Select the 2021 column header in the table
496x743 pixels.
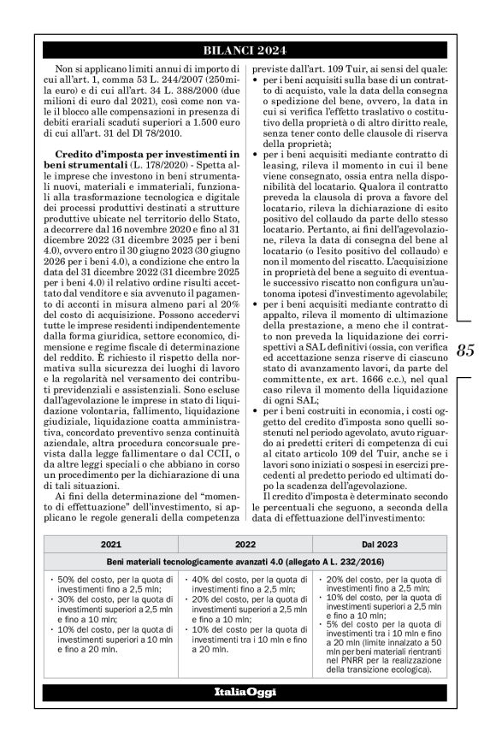(x=110, y=544)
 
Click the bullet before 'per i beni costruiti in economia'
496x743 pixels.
(x=252, y=412)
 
